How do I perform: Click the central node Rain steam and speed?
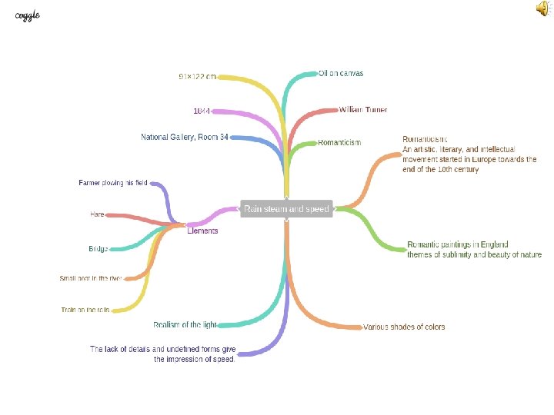click(x=286, y=209)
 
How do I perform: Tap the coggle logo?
click(x=28, y=15)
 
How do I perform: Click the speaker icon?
click(x=542, y=8)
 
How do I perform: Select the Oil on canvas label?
click(x=341, y=74)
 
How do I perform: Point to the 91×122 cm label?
click(x=197, y=77)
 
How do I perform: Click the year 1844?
click(x=202, y=111)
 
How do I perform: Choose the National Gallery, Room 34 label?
click(x=185, y=137)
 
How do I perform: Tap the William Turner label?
click(x=363, y=110)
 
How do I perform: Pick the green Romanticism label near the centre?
click(x=339, y=142)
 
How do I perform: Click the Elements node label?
click(x=202, y=231)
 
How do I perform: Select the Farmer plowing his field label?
click(x=113, y=183)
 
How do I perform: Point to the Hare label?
click(x=97, y=214)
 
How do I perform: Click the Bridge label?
click(x=98, y=249)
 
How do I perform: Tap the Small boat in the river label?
click(x=91, y=278)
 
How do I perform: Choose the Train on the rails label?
click(x=85, y=310)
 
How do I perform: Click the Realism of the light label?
click(x=185, y=324)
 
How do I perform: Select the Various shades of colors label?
click(x=404, y=327)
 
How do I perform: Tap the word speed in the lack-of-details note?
click(x=222, y=359)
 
